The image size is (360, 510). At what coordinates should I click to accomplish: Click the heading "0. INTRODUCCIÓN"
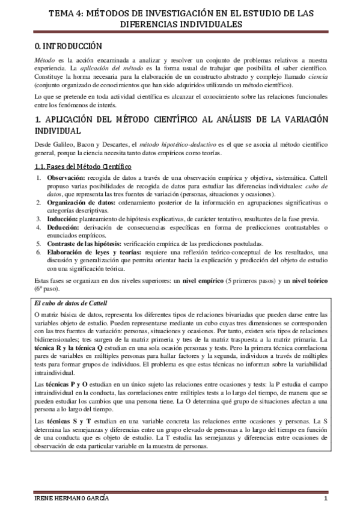point(67,46)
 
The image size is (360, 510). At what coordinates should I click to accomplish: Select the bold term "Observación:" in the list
point(66,179)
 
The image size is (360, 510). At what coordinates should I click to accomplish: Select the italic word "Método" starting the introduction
point(44,61)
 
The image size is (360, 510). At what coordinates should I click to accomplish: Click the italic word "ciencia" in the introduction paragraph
point(317,78)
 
